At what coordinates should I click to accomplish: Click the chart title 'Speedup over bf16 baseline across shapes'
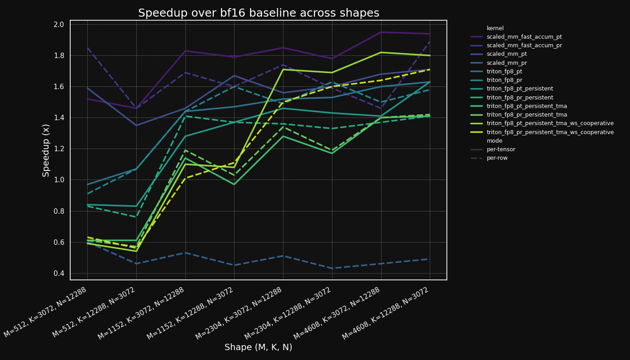click(x=258, y=13)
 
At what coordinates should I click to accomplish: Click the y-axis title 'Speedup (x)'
click(x=46, y=150)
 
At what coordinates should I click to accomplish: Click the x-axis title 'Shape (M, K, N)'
click(x=258, y=347)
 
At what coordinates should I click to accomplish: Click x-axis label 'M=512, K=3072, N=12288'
click(x=45, y=312)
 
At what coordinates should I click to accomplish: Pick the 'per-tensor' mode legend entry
click(x=501, y=149)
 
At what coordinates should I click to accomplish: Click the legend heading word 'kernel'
click(x=495, y=28)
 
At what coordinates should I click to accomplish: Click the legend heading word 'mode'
click(x=494, y=141)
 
